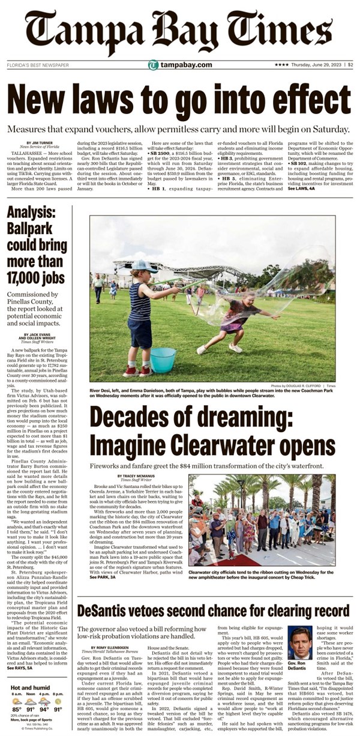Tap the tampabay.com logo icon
[x=153, y=65]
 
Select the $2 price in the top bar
[x=350, y=65]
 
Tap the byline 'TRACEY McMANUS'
[x=130, y=476]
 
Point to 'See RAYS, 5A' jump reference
[x=23, y=668]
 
